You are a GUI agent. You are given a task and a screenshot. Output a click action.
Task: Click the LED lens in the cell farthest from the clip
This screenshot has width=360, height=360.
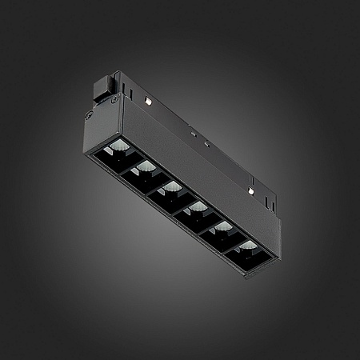click(x=248, y=245)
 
